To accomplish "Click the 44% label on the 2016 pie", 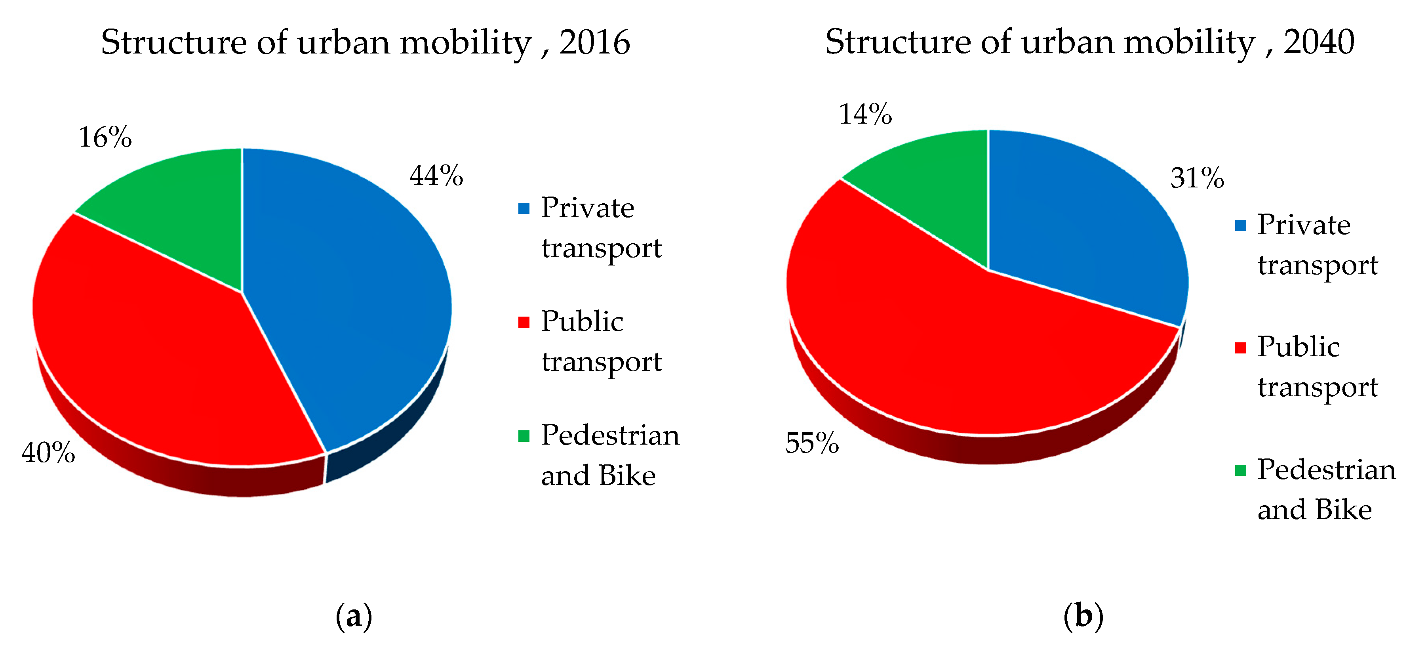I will (x=436, y=176).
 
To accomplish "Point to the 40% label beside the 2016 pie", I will (x=48, y=453).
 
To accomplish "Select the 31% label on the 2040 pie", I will (x=1197, y=178).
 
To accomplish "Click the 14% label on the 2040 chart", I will (x=865, y=115).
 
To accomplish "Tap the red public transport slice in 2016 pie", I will (x=164, y=361).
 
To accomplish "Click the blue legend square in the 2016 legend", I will (x=524, y=208).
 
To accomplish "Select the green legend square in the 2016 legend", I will (x=524, y=436).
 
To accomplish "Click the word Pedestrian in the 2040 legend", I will (x=1326, y=470).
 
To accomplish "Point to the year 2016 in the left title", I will (x=594, y=42).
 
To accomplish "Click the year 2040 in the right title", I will (x=1319, y=42).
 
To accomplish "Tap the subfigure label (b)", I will (x=1083, y=617).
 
